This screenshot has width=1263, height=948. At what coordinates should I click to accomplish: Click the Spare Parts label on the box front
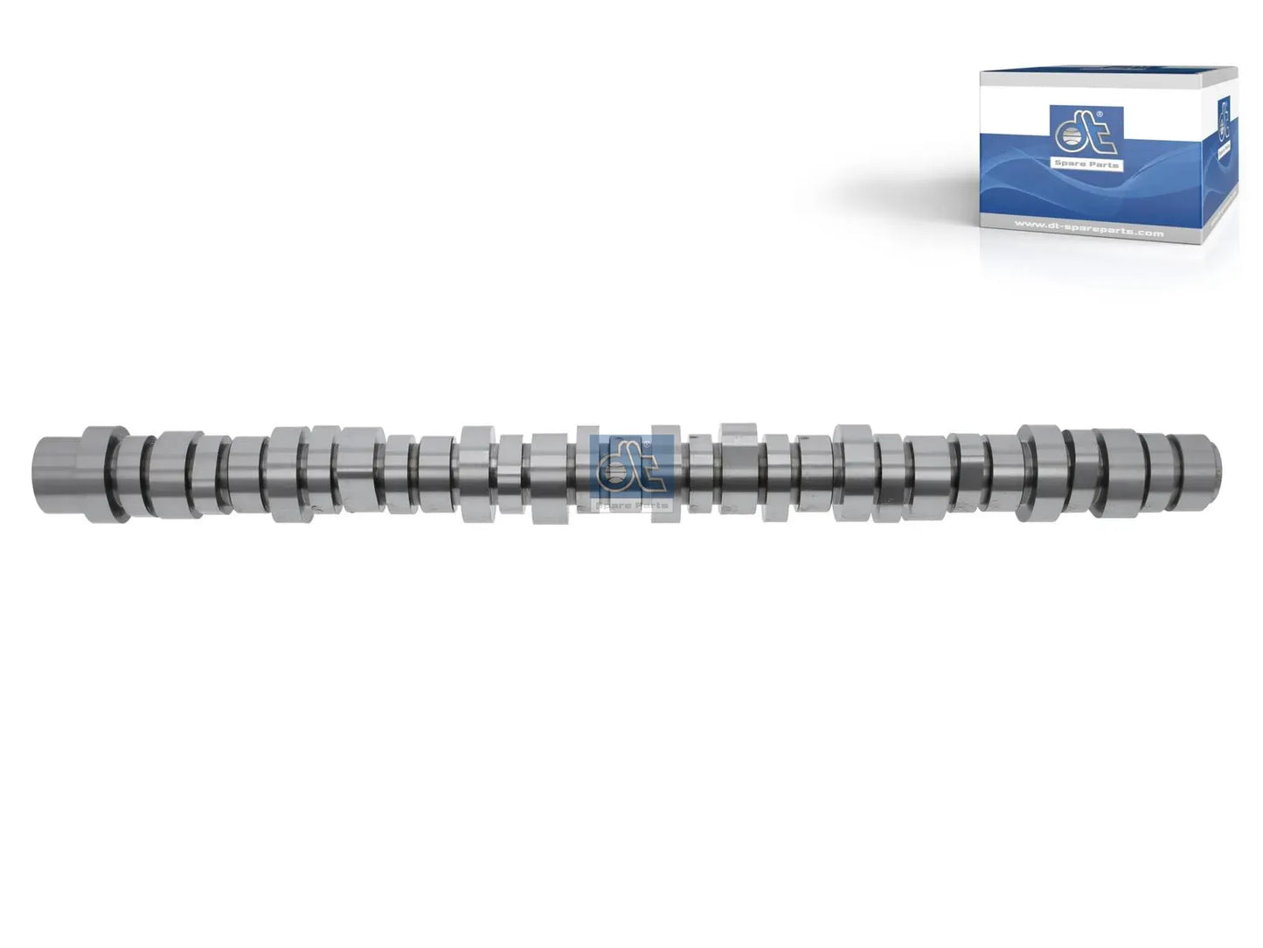coord(1088,164)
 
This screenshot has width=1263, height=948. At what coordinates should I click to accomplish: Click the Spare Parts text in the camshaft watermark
coord(632,505)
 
